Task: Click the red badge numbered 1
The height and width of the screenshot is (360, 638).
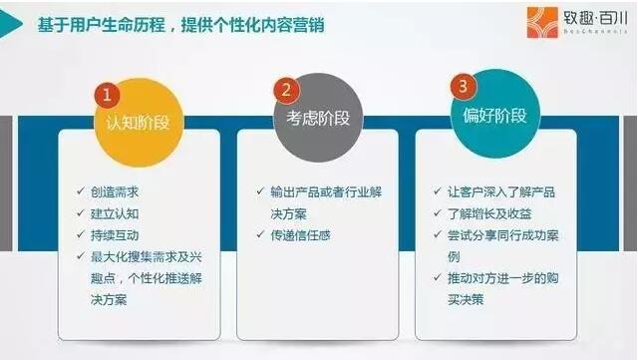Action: (107, 95)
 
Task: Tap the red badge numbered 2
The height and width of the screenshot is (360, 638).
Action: (286, 90)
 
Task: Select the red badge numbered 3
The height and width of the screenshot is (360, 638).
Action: (463, 87)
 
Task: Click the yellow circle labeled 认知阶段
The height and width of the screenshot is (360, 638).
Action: (139, 123)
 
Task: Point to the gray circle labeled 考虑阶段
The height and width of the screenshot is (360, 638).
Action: (318, 118)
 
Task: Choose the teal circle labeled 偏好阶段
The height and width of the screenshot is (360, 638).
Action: (494, 115)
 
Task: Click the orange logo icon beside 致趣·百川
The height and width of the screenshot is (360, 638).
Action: (542, 22)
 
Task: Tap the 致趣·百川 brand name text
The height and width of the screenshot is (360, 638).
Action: (595, 18)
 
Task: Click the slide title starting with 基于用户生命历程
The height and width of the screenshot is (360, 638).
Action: (180, 25)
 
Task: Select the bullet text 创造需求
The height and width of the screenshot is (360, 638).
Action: (115, 192)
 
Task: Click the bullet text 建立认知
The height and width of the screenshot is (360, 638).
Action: (115, 213)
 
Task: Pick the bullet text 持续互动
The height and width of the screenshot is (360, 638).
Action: (115, 235)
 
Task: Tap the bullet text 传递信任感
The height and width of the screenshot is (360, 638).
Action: (301, 235)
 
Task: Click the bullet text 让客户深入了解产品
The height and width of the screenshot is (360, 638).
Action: (501, 192)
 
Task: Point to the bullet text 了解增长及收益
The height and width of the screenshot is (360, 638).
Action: (489, 213)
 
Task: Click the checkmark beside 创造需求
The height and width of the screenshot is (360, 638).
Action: (81, 191)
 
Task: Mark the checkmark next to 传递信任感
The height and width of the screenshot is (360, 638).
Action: (260, 234)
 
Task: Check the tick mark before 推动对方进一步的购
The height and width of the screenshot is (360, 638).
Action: (438, 277)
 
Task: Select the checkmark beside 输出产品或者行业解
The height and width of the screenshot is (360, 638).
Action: (260, 191)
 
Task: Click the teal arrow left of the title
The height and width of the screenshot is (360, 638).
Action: (11, 24)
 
